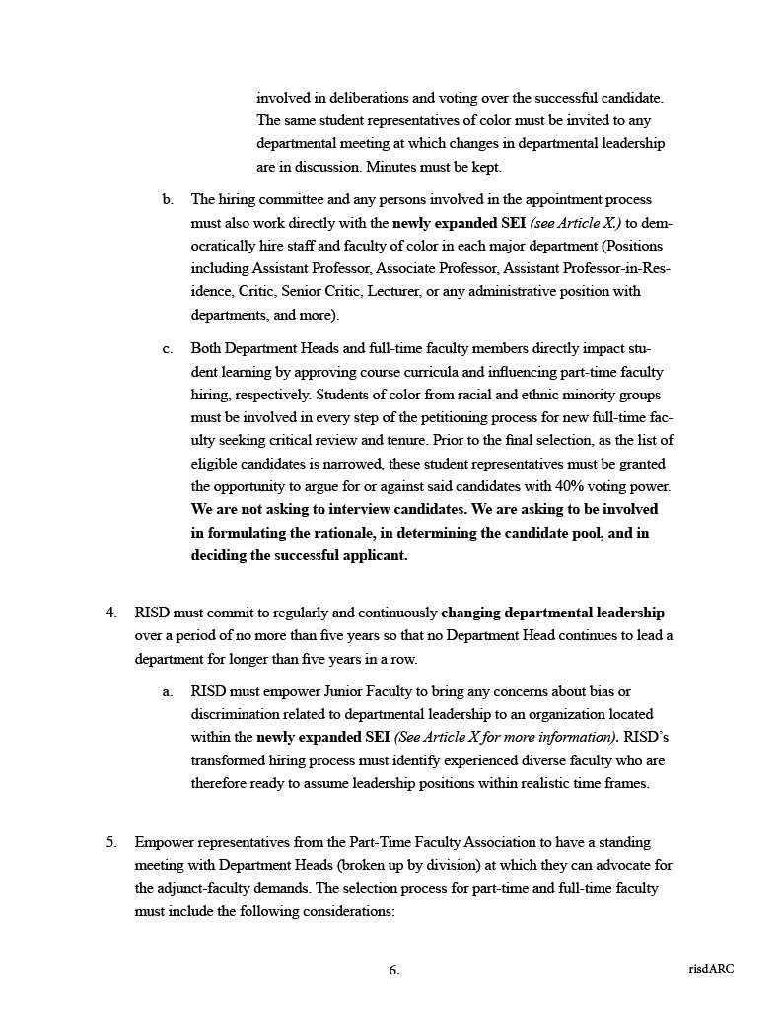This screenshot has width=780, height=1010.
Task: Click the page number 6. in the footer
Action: point(394,970)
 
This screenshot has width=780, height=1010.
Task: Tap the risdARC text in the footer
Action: point(711,969)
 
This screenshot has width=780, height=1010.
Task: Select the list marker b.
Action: point(169,199)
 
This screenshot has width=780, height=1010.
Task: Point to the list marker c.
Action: point(169,349)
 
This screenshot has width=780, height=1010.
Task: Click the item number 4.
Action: point(111,613)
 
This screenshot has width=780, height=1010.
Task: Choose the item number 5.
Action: point(111,843)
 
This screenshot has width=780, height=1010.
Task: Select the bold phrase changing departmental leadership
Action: point(559,613)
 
